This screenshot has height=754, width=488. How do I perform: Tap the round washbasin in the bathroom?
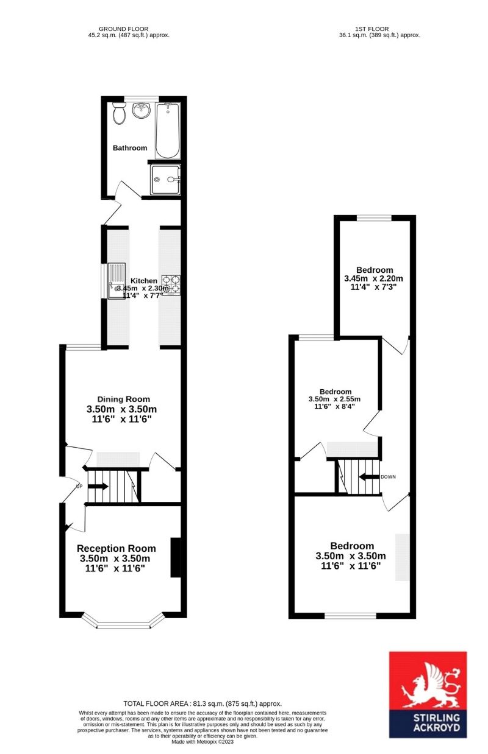pos(142,110)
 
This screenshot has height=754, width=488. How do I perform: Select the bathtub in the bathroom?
pos(168,130)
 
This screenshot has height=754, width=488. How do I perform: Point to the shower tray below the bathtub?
pos(166,180)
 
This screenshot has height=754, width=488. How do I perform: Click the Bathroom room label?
pos(129,148)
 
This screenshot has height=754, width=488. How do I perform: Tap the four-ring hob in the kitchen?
pos(171,284)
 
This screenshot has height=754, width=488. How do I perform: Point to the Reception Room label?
pos(116,548)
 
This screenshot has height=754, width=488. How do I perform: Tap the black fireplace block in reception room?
pos(176,557)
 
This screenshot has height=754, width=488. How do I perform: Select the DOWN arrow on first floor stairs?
pos(369,477)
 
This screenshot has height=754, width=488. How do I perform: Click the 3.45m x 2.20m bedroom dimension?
pos(374,279)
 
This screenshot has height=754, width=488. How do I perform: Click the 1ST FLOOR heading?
pos(371,29)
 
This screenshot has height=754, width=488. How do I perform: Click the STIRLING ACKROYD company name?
pos(428,723)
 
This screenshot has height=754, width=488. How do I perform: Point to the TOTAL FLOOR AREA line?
pos(202,703)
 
